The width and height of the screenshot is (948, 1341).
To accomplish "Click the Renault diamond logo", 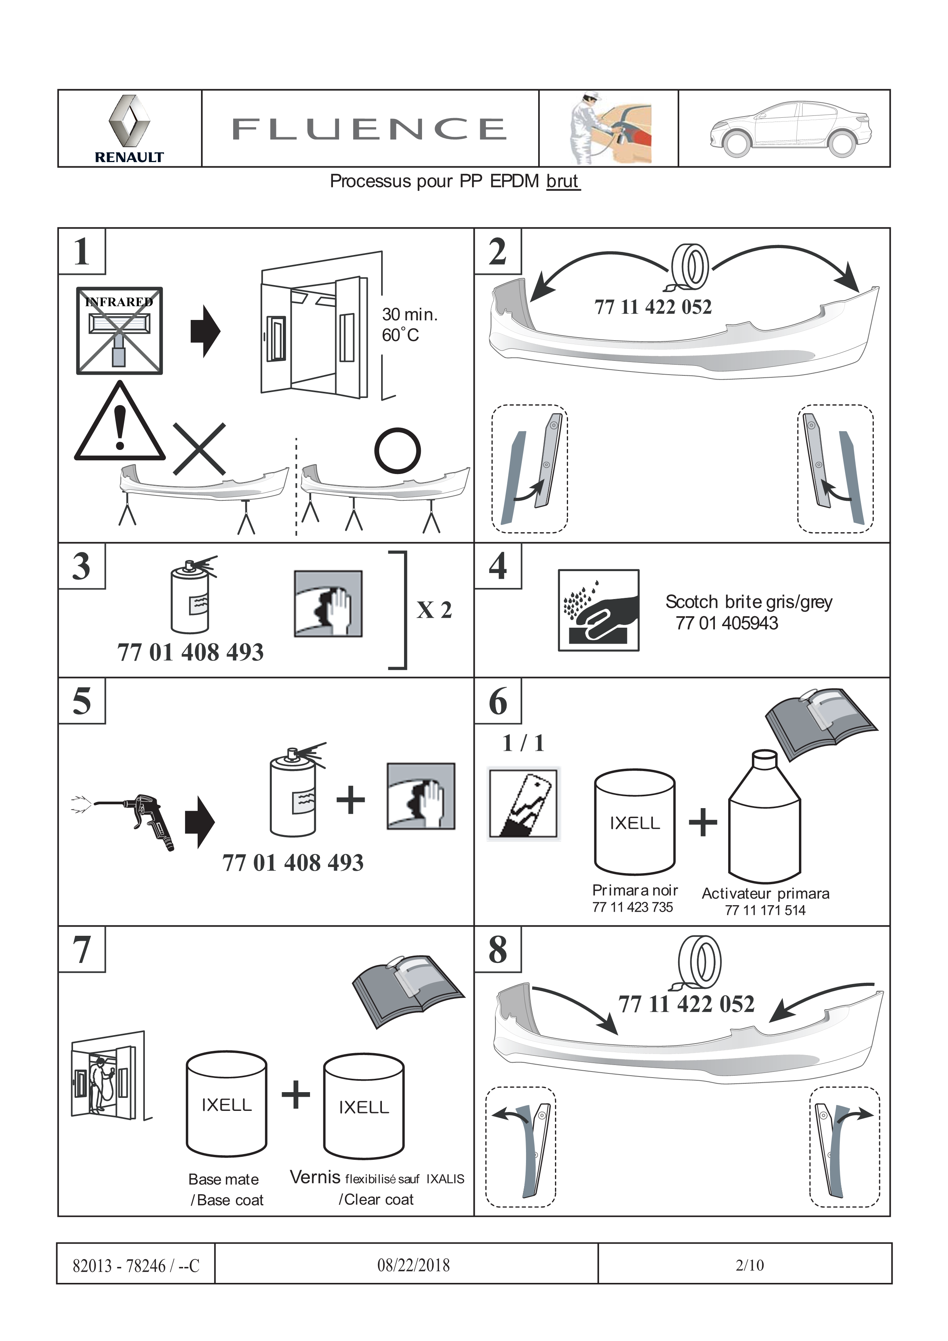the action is click(129, 121).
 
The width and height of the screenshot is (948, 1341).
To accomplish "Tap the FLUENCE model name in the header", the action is click(369, 129).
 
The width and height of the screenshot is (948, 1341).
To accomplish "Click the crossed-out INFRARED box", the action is click(119, 331).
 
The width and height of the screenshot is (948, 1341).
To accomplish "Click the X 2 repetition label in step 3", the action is click(434, 610).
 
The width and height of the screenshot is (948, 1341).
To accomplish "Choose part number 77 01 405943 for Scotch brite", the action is click(727, 623).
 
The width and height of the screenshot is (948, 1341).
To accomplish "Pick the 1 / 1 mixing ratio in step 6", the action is click(523, 743).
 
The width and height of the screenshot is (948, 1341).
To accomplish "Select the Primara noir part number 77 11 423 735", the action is click(633, 907).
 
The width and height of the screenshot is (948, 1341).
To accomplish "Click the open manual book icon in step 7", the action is click(408, 990).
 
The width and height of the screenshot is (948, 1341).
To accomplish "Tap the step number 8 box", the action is click(498, 949).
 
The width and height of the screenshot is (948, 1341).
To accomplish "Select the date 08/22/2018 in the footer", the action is click(414, 1265).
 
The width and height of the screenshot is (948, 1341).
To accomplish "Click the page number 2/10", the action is click(749, 1265).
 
